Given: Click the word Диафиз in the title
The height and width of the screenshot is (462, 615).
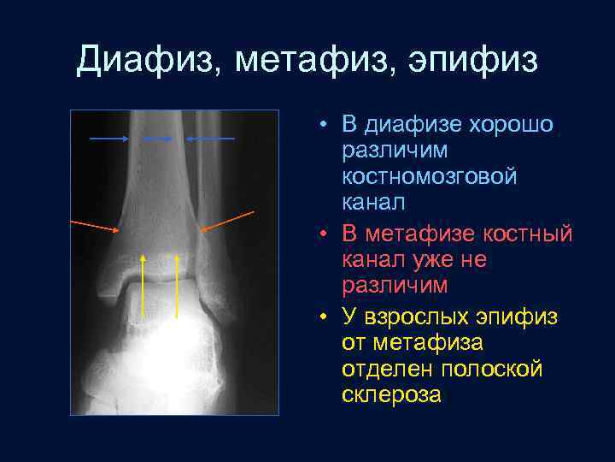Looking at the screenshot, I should [x=146, y=62].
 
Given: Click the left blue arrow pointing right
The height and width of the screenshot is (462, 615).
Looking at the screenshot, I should [x=109, y=138].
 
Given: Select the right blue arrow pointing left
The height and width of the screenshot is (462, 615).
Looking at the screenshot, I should [x=210, y=138].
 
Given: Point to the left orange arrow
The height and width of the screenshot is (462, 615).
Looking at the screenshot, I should [x=95, y=225].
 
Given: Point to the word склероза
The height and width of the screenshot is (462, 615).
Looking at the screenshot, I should [x=391, y=394].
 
